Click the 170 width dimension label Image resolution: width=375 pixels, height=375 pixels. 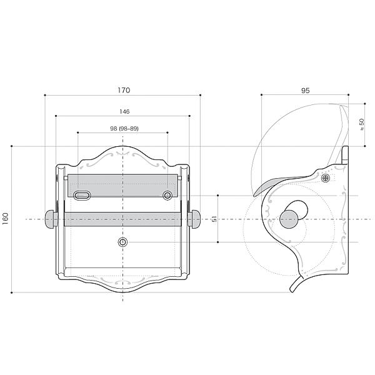(124, 90)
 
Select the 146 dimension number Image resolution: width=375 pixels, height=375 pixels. (124, 111)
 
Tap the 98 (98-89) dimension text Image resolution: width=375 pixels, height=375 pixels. (124, 128)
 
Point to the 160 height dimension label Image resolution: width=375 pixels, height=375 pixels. (5, 219)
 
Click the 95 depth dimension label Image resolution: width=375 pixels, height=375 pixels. (306, 91)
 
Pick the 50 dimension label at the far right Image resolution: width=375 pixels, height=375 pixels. (362, 124)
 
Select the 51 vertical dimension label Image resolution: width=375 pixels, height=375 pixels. (214, 219)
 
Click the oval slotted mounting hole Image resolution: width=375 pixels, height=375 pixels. (82, 196)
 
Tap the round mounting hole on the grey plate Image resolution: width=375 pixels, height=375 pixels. (167, 196)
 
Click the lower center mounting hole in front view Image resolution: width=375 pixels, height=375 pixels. (122, 242)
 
